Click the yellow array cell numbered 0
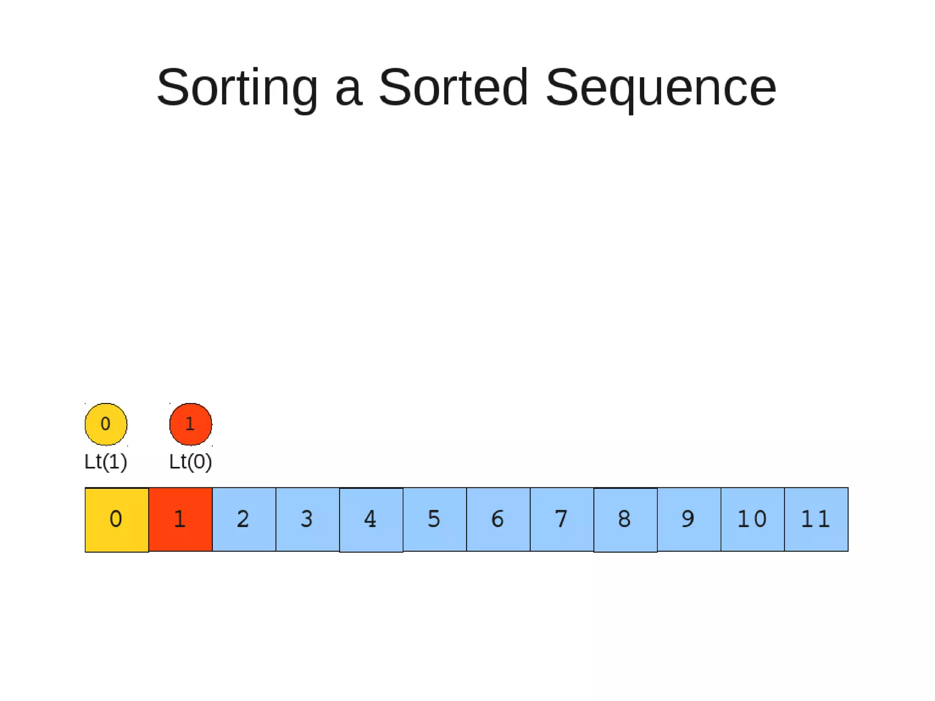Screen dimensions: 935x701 [117, 519]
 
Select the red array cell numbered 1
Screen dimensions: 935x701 [180, 519]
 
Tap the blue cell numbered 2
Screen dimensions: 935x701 [244, 519]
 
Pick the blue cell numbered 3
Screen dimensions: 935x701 [307, 519]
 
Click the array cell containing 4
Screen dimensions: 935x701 [371, 519]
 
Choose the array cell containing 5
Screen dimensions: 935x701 [434, 519]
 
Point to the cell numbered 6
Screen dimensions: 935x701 [498, 519]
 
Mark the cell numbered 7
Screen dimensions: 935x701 [562, 519]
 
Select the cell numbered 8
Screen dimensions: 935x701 [625, 519]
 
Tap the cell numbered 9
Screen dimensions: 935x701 [688, 519]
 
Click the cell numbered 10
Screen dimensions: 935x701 [752, 519]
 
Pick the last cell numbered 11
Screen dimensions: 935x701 [816, 519]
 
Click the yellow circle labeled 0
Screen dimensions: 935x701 [106, 424]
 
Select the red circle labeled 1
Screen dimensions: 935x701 [191, 424]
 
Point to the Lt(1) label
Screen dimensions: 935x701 [105, 462]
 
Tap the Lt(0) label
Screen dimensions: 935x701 [190, 462]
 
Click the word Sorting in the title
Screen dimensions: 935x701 [237, 88]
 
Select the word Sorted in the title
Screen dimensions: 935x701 [453, 88]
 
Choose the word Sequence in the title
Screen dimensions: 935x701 [661, 88]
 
